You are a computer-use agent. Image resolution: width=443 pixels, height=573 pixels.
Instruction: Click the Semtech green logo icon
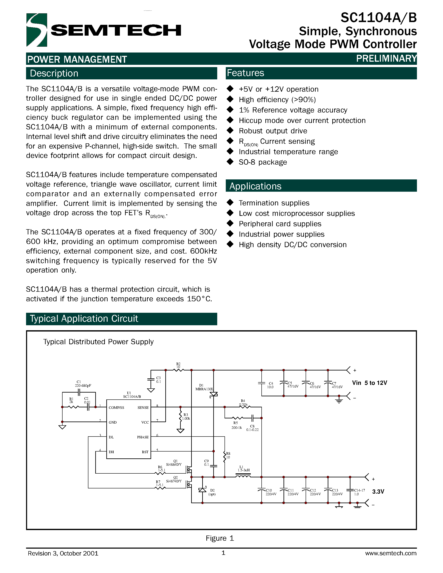point(37,30)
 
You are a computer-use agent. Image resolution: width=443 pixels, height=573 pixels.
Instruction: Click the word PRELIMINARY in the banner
point(386,58)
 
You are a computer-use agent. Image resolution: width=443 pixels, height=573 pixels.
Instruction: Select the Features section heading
point(245,73)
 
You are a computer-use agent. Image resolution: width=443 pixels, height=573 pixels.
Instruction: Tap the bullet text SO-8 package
point(262,162)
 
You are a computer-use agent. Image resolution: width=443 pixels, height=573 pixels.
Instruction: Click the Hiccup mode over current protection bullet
point(302,120)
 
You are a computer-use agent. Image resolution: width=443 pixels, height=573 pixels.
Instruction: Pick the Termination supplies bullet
point(274,203)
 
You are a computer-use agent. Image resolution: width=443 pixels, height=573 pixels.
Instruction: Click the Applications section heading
point(255,186)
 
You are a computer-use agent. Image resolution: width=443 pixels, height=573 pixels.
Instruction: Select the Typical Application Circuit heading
point(84,319)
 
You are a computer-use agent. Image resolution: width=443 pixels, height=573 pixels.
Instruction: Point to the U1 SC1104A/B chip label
point(132,395)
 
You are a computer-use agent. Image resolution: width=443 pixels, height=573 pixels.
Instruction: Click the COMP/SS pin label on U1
point(116,407)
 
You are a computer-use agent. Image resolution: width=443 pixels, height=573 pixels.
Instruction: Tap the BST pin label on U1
point(145,452)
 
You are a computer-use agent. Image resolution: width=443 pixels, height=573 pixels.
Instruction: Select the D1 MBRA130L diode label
point(204,387)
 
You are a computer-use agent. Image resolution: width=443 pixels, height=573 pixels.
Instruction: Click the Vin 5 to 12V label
point(369,383)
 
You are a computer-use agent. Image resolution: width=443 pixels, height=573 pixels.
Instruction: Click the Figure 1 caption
point(220,538)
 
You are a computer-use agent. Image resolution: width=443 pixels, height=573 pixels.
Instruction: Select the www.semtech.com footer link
point(390,553)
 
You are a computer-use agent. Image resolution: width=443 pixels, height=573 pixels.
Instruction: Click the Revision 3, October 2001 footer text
point(63,553)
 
